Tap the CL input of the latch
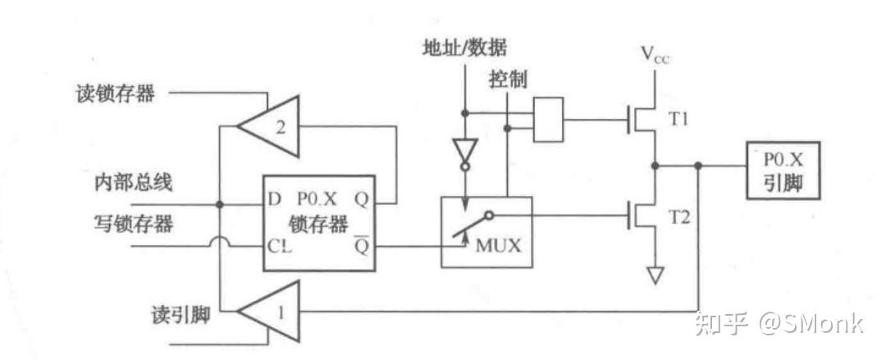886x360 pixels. tap(276, 245)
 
